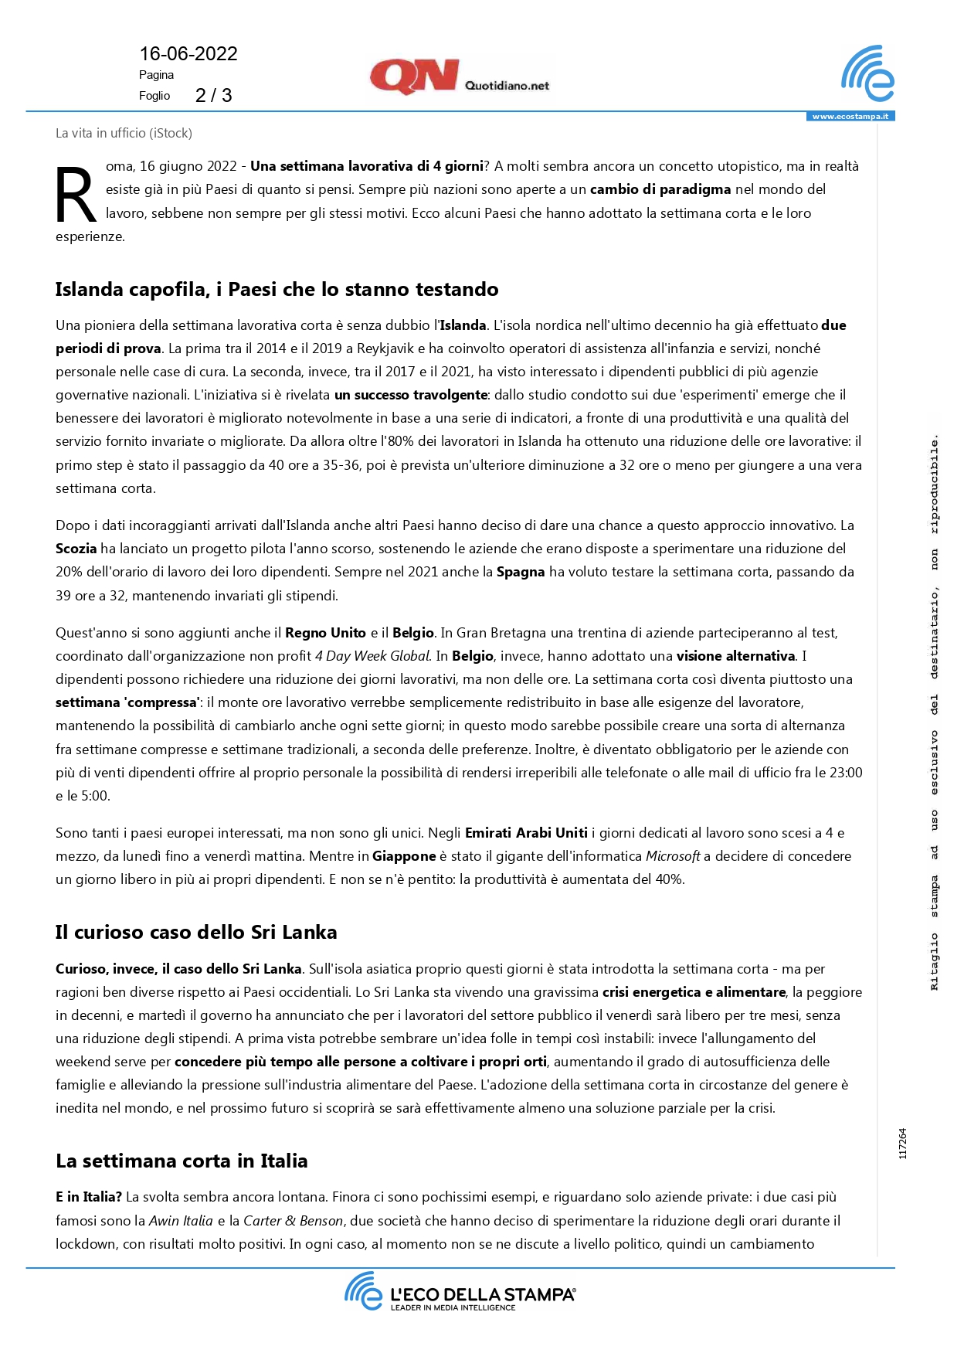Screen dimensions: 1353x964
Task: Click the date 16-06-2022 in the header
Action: coord(188,54)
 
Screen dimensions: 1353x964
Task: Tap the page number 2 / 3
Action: coord(213,96)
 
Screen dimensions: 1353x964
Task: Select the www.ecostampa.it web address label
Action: coord(850,117)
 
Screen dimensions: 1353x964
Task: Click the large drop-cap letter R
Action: coord(76,196)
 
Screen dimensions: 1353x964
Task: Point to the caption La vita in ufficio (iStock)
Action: coord(124,133)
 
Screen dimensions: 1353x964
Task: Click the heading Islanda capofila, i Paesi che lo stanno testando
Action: coord(277,290)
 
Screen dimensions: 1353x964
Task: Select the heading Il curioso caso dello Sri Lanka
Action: coord(196,933)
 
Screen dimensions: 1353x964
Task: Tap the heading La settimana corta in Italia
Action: coord(182,1161)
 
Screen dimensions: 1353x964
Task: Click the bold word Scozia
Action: coord(76,549)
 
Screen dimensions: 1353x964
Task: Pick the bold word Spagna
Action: coord(521,573)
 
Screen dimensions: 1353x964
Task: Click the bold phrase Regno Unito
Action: coord(325,633)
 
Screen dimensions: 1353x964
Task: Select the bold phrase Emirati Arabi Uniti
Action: coord(526,833)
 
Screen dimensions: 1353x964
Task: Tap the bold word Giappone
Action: coord(404,856)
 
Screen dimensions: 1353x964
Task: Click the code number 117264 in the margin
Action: coord(903,1144)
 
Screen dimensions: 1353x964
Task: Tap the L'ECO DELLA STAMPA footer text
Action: coord(482,1294)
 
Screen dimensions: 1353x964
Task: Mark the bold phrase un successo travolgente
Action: coord(411,395)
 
